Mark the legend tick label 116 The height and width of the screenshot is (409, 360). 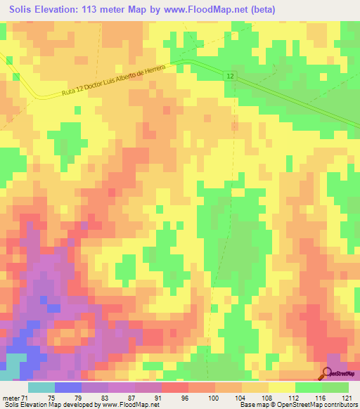coord(319,398)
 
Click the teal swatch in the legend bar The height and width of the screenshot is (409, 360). coord(41,387)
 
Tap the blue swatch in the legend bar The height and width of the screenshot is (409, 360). coord(68,387)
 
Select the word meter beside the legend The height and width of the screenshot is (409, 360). coord(11,398)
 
